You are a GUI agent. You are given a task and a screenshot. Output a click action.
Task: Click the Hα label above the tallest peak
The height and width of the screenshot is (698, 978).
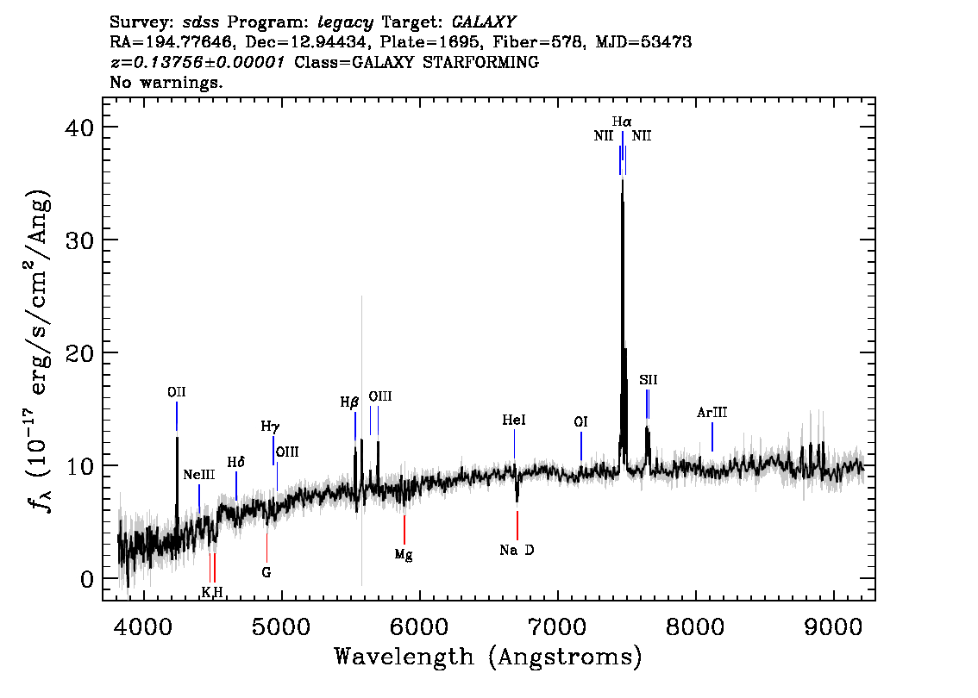pyautogui.click(x=621, y=122)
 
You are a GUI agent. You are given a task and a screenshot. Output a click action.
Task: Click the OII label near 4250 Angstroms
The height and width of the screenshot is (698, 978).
pyautogui.click(x=177, y=392)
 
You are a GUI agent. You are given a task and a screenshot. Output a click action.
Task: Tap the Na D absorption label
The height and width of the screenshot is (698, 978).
pyautogui.click(x=517, y=551)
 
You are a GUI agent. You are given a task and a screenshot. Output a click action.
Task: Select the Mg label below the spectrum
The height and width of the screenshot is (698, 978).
pyautogui.click(x=404, y=554)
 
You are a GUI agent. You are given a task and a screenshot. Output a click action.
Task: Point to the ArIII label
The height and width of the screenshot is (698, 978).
pyautogui.click(x=712, y=413)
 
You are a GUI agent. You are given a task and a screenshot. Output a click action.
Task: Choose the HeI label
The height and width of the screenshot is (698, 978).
pyautogui.click(x=514, y=420)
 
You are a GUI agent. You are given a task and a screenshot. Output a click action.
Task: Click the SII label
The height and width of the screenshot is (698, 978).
pyautogui.click(x=648, y=380)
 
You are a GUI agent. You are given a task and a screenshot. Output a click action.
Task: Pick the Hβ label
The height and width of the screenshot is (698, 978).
pyautogui.click(x=349, y=402)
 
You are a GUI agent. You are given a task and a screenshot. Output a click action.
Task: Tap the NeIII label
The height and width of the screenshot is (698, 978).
pyautogui.click(x=199, y=475)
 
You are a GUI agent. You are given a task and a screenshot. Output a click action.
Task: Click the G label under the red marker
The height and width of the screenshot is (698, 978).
pyautogui.click(x=266, y=572)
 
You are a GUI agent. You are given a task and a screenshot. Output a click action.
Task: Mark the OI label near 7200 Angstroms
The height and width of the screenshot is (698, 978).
pyautogui.click(x=580, y=422)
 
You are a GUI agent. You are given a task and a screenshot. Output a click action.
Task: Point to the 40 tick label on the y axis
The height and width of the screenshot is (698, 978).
pyautogui.click(x=79, y=128)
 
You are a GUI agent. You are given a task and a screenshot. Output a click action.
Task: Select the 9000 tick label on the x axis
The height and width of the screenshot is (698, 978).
pyautogui.click(x=832, y=626)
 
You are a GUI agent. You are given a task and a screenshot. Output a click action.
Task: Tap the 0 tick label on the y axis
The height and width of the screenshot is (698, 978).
pyautogui.click(x=87, y=579)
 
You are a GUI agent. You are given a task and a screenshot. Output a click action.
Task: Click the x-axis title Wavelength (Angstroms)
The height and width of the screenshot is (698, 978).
pyautogui.click(x=488, y=657)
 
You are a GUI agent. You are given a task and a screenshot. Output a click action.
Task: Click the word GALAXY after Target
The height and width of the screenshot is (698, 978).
pyautogui.click(x=483, y=22)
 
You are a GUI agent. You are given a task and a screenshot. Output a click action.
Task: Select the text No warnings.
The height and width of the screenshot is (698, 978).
pyautogui.click(x=166, y=82)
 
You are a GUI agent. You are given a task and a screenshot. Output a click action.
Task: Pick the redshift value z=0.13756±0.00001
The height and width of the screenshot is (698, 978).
pyautogui.click(x=197, y=62)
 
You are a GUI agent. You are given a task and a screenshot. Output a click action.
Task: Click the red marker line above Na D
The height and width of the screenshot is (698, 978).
pyautogui.click(x=517, y=526)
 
